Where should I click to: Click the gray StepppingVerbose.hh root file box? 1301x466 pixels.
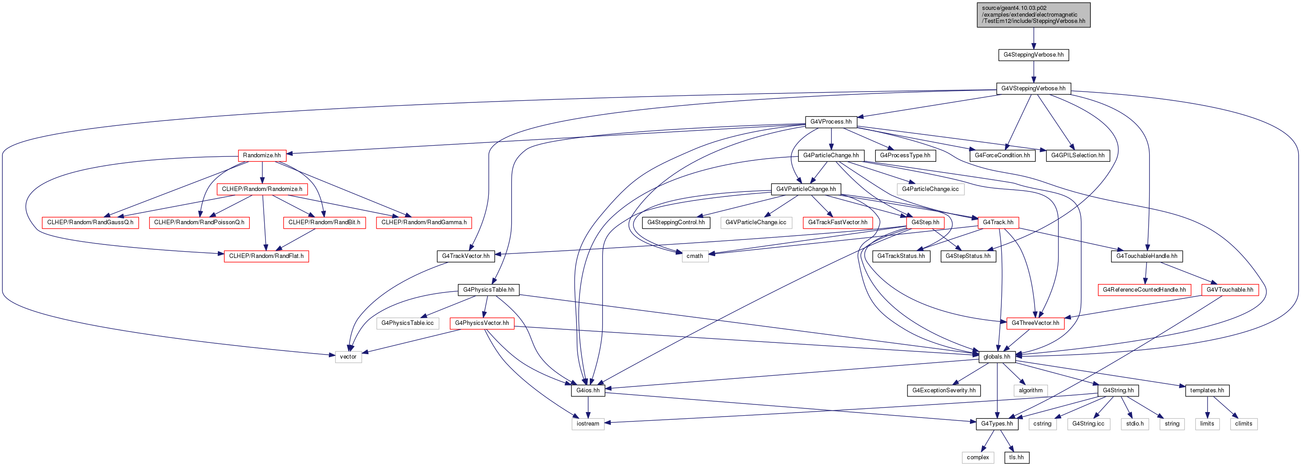point(1033,15)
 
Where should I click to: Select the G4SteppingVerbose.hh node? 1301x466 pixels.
point(1033,54)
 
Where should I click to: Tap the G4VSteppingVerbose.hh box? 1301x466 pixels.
point(1033,89)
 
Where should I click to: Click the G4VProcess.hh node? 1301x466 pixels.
point(831,122)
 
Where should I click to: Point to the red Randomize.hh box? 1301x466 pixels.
point(261,155)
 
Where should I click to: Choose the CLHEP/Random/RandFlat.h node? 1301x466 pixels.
point(266,256)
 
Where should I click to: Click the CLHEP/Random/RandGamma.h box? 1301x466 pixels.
point(424,222)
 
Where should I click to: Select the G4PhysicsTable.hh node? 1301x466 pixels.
point(488,289)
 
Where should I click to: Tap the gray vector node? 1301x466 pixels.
point(348,357)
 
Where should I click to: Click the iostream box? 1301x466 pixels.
point(588,424)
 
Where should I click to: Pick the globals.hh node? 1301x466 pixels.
point(997,357)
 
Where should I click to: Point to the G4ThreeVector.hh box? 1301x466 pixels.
point(1035,323)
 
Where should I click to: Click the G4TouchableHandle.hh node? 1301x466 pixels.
point(1146,256)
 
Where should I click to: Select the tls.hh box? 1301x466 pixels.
point(1016,457)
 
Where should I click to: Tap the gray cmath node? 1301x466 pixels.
point(695,256)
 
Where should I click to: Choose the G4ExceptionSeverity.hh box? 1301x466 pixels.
point(944,390)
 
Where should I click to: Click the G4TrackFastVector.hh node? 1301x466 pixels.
point(837,222)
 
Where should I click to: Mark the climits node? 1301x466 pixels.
point(1243,424)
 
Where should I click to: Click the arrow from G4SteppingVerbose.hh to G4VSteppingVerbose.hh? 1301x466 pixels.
point(1033,72)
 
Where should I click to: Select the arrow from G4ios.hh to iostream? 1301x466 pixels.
point(588,408)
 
